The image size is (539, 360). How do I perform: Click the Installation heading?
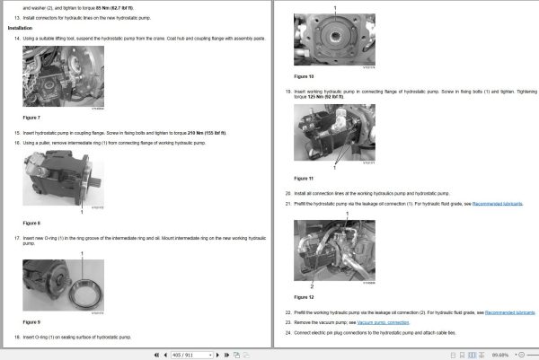click(x=20, y=28)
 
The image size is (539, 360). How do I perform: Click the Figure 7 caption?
click(x=31, y=118)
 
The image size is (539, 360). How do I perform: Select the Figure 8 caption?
click(x=31, y=223)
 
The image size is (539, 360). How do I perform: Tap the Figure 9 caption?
click(x=31, y=321)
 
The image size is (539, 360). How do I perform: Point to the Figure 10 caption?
click(x=304, y=76)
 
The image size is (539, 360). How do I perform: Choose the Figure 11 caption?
click(x=304, y=178)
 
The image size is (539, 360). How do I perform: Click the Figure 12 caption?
click(x=304, y=296)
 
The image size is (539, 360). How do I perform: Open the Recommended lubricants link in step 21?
click(x=498, y=204)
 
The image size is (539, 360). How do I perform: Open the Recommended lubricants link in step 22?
click(x=509, y=312)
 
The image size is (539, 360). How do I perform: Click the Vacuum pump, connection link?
click(x=383, y=321)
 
